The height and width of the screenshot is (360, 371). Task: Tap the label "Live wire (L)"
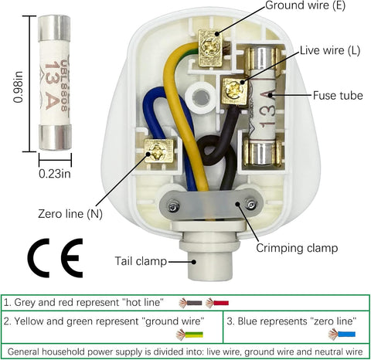pos(330,49)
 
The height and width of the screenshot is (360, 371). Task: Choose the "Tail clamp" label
pos(139,261)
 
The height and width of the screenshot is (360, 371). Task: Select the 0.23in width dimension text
pos(56,173)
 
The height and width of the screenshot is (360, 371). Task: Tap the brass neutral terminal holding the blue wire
pos(158,151)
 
